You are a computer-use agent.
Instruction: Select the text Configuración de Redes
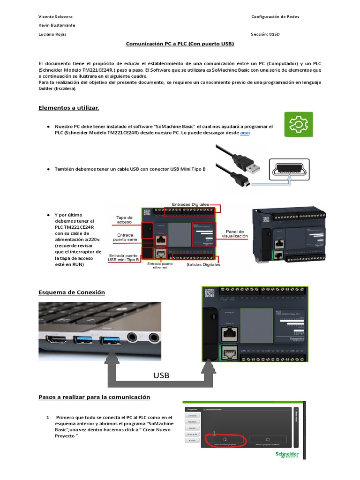pyautogui.click(x=275, y=16)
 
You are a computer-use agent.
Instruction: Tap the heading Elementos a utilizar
pyautogui.click(x=68, y=108)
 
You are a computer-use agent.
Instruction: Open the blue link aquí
pyautogui.click(x=245, y=133)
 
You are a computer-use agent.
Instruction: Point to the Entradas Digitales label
pyautogui.click(x=190, y=204)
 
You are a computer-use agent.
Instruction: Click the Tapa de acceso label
pyautogui.click(x=124, y=220)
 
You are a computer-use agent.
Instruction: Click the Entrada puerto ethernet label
pyautogui.click(x=160, y=266)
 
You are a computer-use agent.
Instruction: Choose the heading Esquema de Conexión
pyautogui.click(x=71, y=292)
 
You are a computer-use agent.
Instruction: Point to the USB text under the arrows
pyautogui.click(x=161, y=375)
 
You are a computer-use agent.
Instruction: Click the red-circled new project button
pyautogui.click(x=225, y=439)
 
